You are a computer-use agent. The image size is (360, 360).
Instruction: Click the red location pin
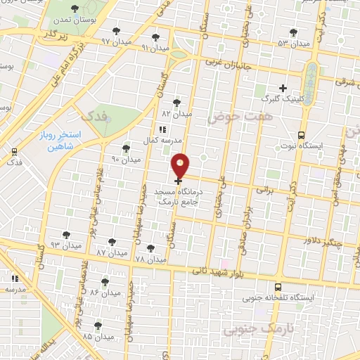pos(181,165)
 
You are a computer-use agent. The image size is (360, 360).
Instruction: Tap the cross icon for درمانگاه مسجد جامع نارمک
pos(178,181)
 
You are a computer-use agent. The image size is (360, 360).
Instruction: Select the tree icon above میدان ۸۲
pos(176,103)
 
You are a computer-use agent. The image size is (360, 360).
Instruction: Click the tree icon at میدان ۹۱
pos(155,37)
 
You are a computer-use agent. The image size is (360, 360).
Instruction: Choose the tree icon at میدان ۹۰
pos(125,148)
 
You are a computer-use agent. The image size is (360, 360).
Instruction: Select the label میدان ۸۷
pos(110,252)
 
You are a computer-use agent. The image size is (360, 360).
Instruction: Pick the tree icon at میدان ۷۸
pos(150,247)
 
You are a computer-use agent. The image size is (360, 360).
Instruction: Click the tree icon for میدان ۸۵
pos(98,326)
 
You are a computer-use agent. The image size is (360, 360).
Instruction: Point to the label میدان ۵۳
pos(293,44)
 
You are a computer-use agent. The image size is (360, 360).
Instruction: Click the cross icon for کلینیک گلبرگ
pos(283,88)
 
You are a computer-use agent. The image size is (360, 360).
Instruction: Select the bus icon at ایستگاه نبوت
pos(302,135)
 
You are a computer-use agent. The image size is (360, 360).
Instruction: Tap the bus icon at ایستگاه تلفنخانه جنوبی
pos(278,287)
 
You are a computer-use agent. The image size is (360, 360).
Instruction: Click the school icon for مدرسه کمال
pos(162,129)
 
